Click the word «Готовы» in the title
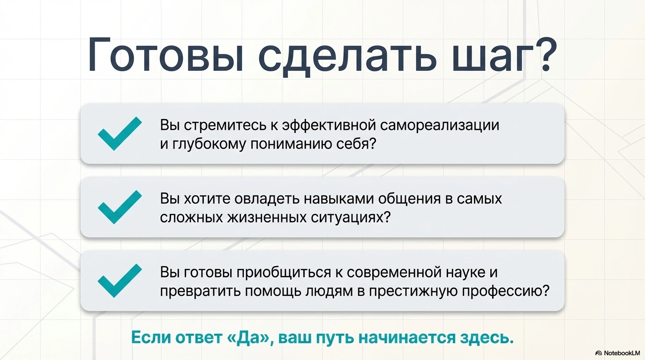pos(166,55)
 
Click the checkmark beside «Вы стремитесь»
pos(120,134)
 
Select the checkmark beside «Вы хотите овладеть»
pos(120,207)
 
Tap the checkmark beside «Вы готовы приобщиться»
pos(120,280)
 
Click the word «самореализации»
pos(439,126)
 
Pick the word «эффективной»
pos(329,126)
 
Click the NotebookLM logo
pos(617,353)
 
